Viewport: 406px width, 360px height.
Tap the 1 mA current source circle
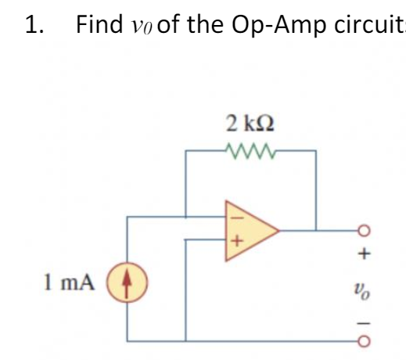click(x=128, y=279)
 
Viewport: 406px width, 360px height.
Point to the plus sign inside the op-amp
click(x=233, y=242)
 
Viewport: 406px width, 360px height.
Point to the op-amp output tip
click(x=279, y=230)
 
